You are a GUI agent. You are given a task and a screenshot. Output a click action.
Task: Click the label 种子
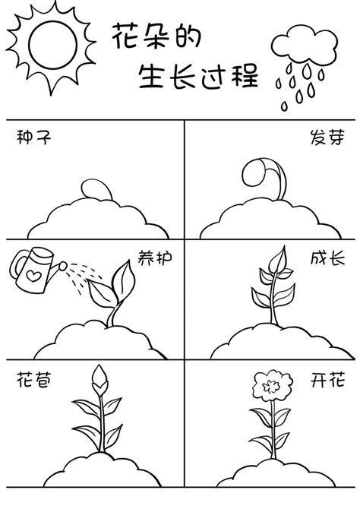pos(29,138)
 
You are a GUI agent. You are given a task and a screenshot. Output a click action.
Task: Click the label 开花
pos(328,379)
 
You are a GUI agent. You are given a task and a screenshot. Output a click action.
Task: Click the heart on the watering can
pos(33,268)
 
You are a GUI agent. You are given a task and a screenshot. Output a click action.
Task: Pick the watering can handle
pos(17,265)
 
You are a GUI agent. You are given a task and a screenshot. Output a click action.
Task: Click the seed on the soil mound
pos(93,188)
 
